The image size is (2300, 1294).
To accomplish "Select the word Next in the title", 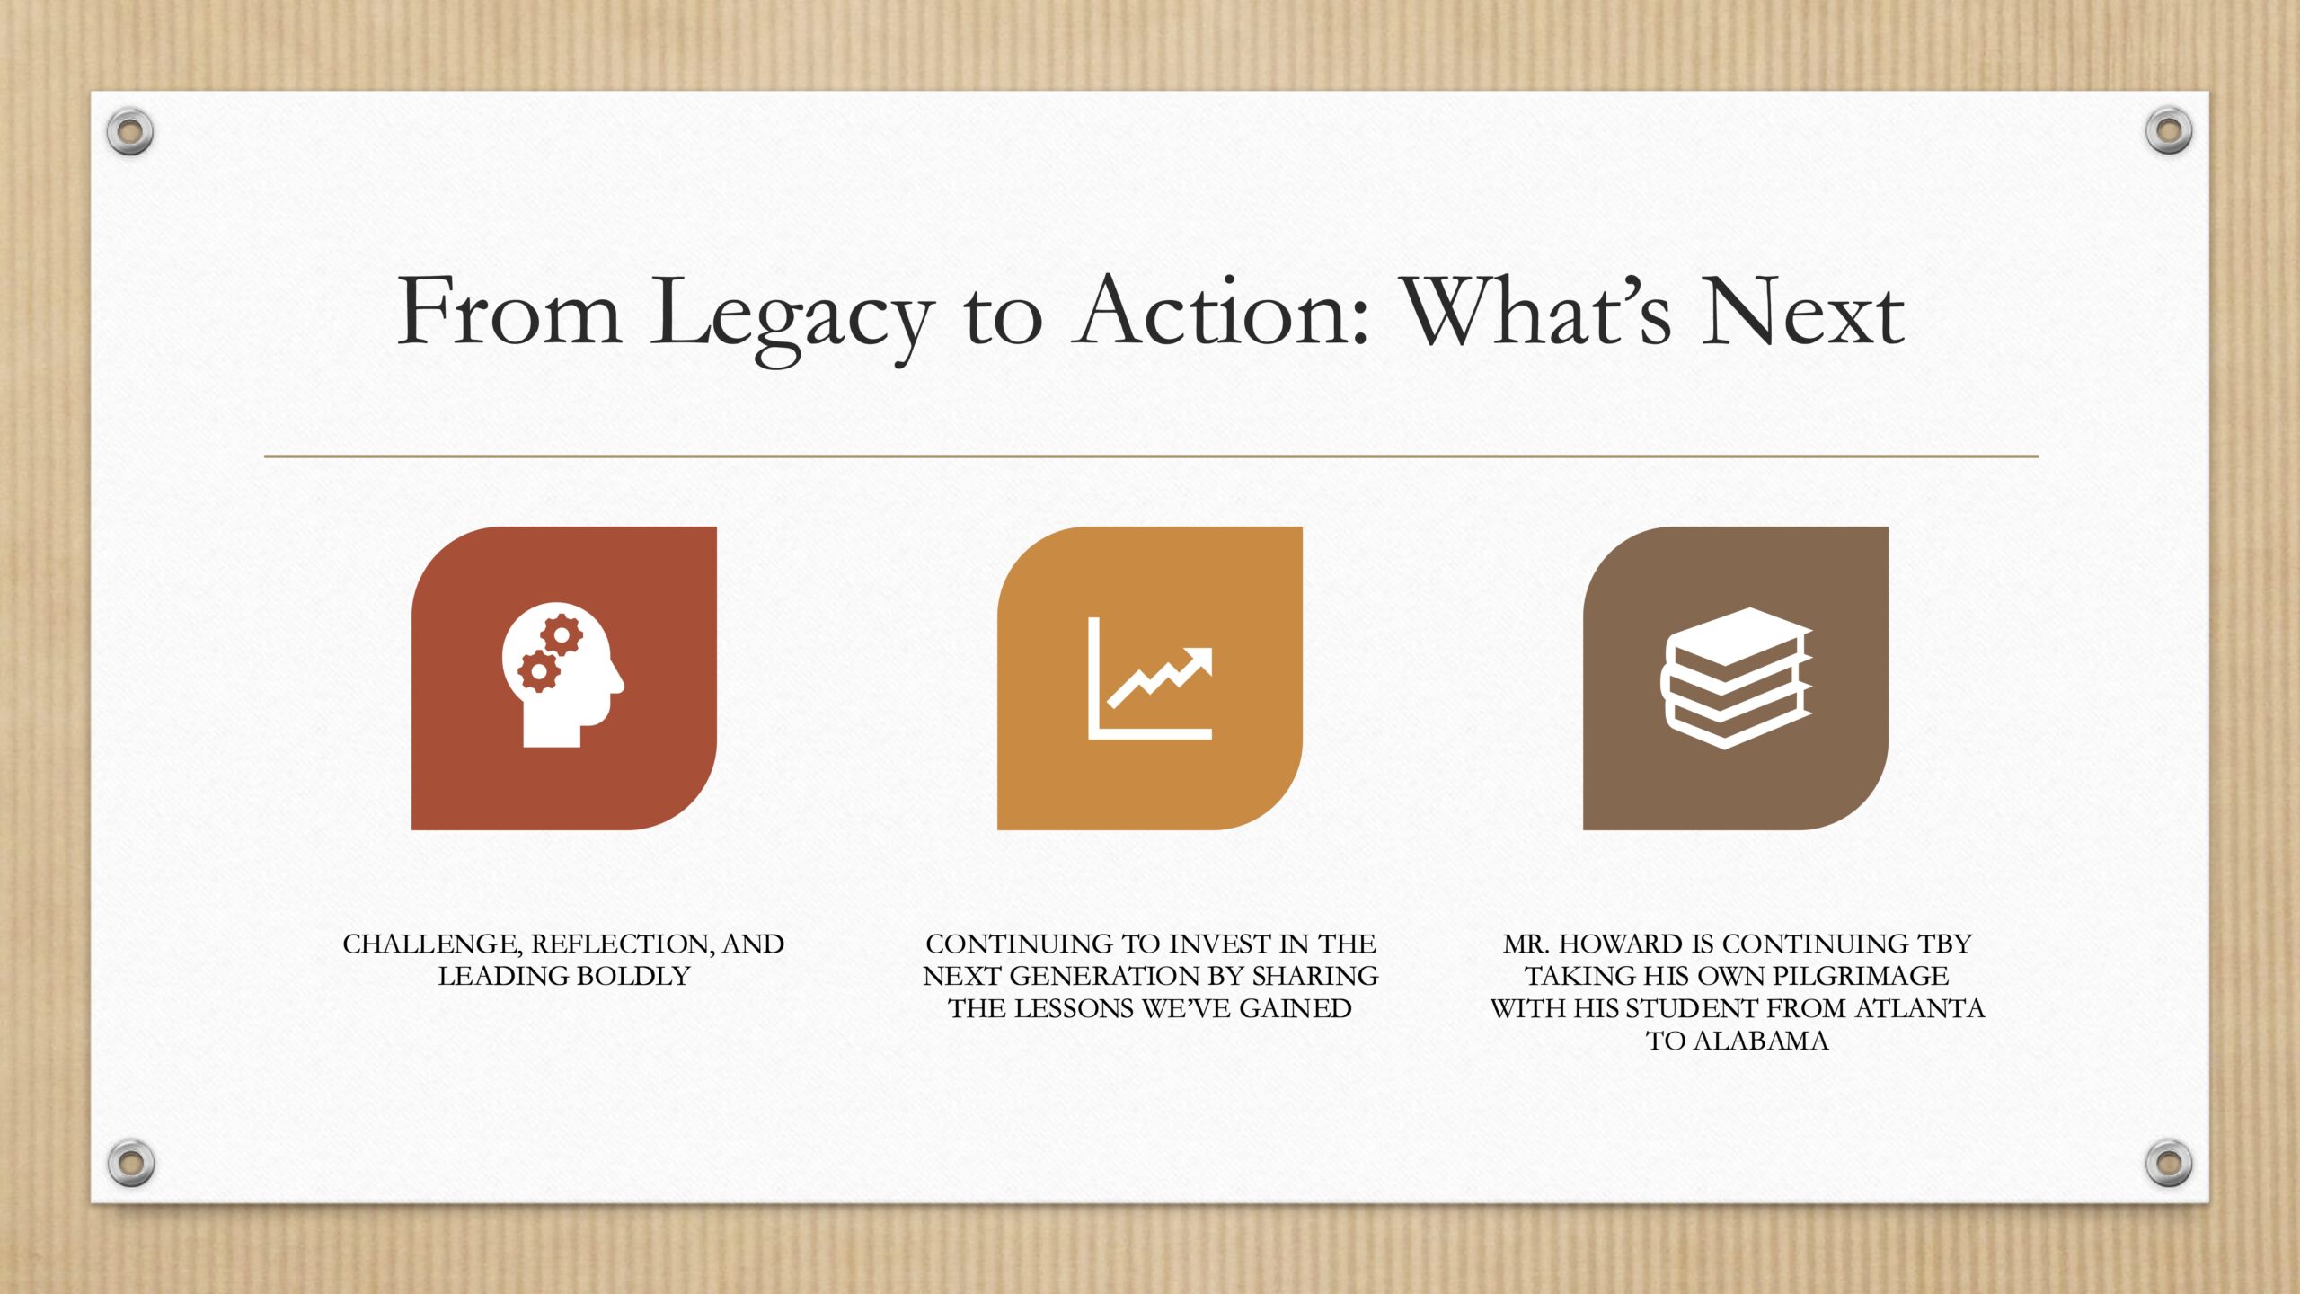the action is tap(1803, 310).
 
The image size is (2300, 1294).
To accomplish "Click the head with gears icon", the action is tap(562, 674).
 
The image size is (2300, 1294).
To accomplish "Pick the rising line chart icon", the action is tap(1150, 678).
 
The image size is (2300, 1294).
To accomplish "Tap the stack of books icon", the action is tap(1736, 678).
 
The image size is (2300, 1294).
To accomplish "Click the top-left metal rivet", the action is tap(130, 132).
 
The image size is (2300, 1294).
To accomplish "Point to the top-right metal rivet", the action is tap(2169, 131).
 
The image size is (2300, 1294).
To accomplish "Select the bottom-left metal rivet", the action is tap(130, 1162).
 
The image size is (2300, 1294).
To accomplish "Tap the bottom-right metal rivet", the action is tap(2169, 1162).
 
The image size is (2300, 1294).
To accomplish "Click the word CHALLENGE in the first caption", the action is tap(432, 944).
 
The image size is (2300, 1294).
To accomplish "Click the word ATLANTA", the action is tap(1919, 1008).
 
